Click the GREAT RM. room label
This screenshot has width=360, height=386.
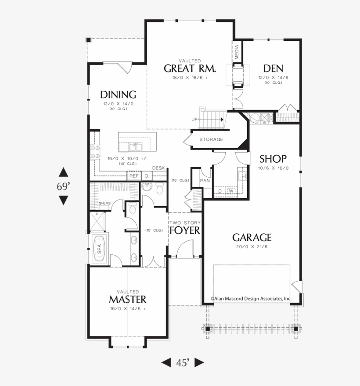tap(190, 68)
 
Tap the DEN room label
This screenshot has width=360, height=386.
tap(273, 68)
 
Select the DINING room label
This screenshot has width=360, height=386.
tap(118, 95)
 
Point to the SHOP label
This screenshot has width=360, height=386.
tap(273, 159)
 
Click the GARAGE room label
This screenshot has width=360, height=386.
tap(252, 238)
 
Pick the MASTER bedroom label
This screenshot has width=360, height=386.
tap(128, 300)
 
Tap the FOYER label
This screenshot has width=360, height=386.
tap(184, 231)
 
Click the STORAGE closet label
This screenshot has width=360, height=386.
tap(211, 139)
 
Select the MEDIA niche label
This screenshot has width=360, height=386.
tap(237, 52)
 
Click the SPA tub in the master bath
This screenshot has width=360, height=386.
tap(99, 249)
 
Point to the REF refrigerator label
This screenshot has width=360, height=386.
tap(133, 176)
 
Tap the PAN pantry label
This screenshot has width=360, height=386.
tap(205, 181)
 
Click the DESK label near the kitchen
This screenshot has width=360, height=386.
tap(158, 168)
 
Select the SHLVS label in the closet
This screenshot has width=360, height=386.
tap(104, 204)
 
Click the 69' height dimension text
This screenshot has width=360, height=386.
tap(64, 186)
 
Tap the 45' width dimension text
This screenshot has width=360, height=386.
tap(183, 362)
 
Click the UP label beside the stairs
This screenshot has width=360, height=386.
tap(194, 119)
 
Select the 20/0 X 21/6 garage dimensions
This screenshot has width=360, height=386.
tap(252, 247)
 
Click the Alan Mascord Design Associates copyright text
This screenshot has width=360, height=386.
tap(251, 298)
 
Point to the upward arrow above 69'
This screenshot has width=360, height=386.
tap(64, 172)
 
